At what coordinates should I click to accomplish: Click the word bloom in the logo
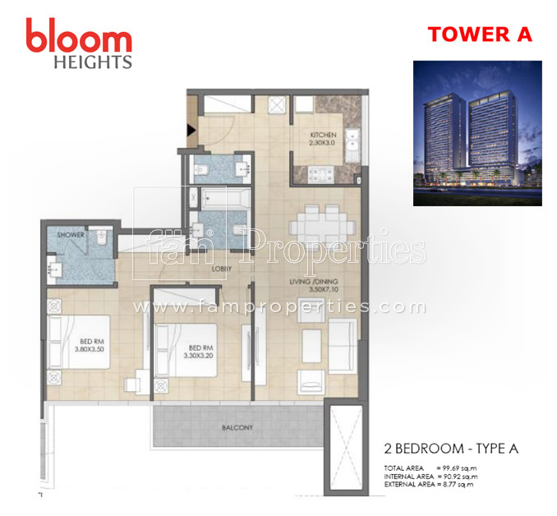click(78, 38)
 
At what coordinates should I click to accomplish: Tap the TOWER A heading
click(480, 35)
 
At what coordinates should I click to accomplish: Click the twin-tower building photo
click(476, 133)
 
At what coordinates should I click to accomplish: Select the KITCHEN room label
click(322, 135)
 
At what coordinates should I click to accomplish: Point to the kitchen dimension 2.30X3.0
click(322, 144)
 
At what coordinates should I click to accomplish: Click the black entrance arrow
click(191, 129)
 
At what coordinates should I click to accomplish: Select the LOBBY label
click(219, 268)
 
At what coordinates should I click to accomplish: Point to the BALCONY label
click(236, 428)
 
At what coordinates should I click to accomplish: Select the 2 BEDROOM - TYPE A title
click(451, 449)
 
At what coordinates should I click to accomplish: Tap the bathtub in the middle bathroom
click(215, 199)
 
